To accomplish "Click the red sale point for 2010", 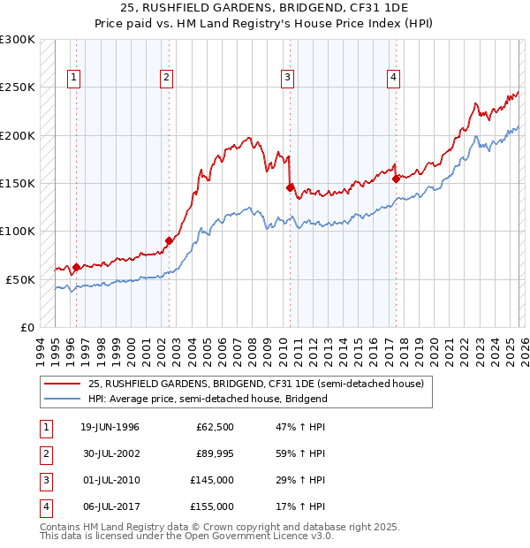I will [x=290, y=187].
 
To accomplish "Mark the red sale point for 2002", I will [x=170, y=240].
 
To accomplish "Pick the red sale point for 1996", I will [x=77, y=267].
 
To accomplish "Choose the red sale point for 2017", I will [x=396, y=179].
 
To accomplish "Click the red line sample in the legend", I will [x=63, y=384].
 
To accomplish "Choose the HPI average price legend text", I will [x=208, y=399].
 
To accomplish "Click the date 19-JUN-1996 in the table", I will [x=110, y=428].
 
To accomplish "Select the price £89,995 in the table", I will [x=215, y=454].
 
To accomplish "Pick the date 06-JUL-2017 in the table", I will [x=110, y=506].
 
